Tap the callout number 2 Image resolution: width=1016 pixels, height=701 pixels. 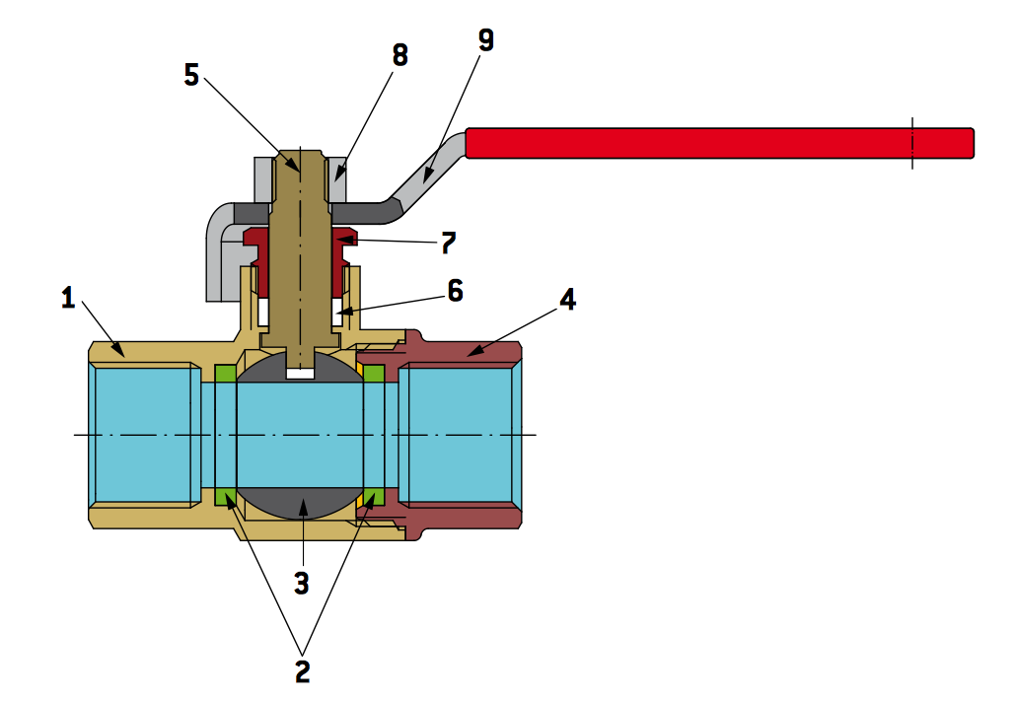(x=301, y=669)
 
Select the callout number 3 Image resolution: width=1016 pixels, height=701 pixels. (x=302, y=582)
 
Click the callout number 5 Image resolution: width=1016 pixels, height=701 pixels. (x=192, y=75)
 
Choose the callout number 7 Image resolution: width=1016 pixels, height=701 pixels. (x=448, y=242)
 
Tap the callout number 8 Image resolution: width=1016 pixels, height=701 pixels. (x=399, y=55)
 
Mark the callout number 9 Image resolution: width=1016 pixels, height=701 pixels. (x=485, y=40)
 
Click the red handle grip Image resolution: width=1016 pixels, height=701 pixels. (x=720, y=143)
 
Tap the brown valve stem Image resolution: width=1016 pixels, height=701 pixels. (x=300, y=256)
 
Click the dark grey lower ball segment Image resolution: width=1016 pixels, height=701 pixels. (x=301, y=503)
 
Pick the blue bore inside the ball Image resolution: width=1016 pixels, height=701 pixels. (x=300, y=434)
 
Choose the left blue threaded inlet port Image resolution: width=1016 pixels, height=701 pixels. (x=143, y=434)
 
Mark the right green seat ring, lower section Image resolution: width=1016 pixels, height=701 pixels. (x=374, y=495)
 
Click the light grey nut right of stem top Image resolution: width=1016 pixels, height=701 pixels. (x=337, y=177)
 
